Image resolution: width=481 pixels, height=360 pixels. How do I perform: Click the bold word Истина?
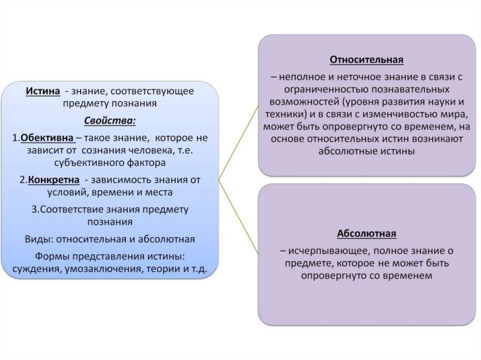click(x=43, y=91)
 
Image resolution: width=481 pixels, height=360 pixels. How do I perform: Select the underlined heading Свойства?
click(x=110, y=121)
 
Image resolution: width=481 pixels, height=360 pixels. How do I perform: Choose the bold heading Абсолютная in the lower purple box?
click(x=367, y=233)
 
